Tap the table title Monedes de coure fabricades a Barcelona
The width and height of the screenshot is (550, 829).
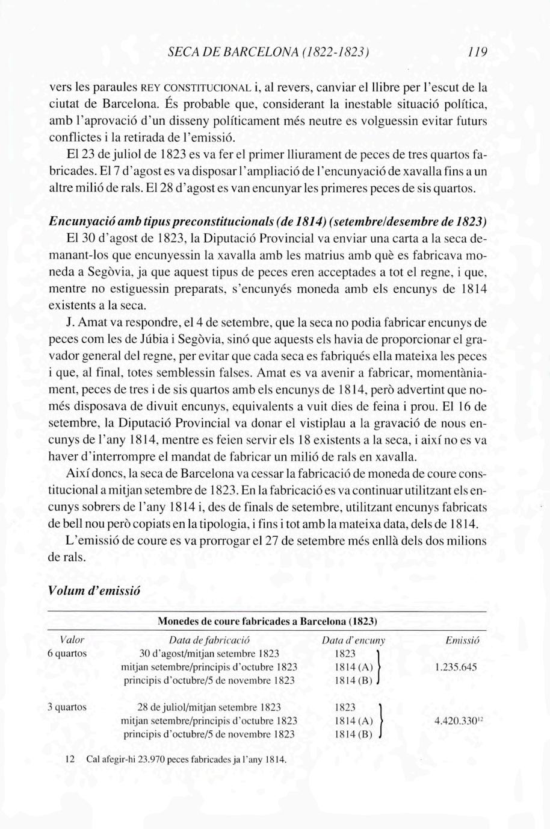coord(267,620)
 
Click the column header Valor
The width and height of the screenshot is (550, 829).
coord(72,640)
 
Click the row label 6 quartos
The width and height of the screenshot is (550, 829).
coord(67,653)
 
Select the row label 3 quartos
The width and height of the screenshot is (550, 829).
coord(67,707)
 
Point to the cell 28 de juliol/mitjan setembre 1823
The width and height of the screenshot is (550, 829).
coord(209,707)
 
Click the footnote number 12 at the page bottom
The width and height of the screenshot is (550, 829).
coord(69,760)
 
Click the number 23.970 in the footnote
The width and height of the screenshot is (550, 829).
coord(143,760)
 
